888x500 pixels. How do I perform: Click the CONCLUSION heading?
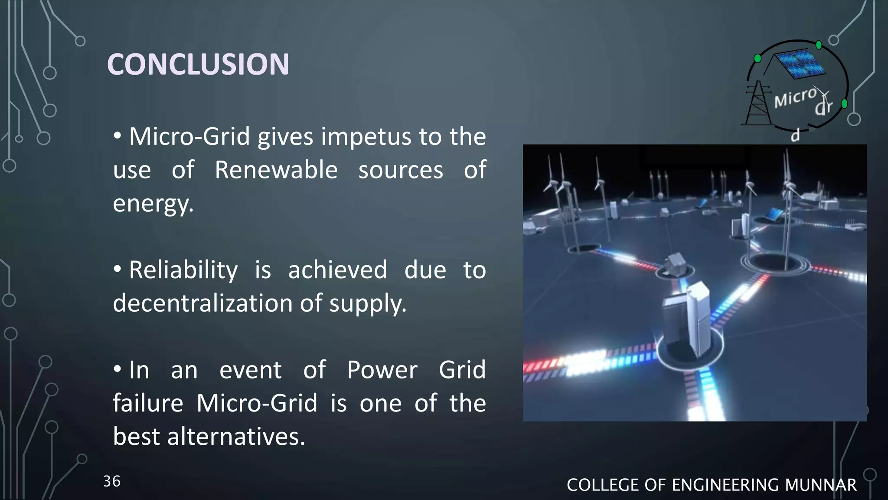coord(198,64)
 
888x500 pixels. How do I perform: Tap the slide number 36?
coord(112,481)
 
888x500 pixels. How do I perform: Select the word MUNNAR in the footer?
coord(820,485)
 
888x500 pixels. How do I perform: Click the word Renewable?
coord(276,170)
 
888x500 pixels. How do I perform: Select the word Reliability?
coord(183,270)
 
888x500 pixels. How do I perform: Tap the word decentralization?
coord(202,303)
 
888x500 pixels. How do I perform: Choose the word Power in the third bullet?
coord(382,370)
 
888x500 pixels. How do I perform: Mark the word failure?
coord(148,403)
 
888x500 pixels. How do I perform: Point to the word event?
coord(250,370)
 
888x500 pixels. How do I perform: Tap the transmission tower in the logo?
coord(757,104)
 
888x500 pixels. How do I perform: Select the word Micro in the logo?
coord(795,98)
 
